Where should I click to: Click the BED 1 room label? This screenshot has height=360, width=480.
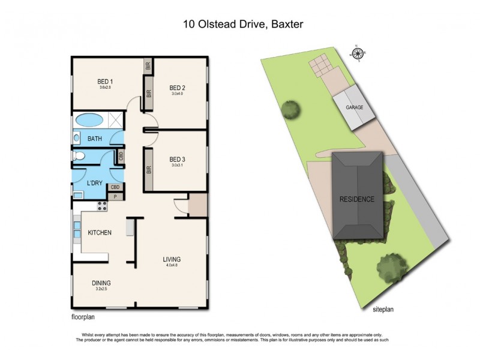[106, 82]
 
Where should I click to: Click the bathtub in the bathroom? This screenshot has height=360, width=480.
[90, 119]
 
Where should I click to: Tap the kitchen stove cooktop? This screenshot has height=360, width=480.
[102, 206]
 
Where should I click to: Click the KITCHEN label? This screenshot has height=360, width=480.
[100, 233]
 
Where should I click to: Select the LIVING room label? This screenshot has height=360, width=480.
[171, 260]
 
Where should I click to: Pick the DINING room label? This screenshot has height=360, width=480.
[101, 283]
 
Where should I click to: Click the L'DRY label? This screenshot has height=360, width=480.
[95, 182]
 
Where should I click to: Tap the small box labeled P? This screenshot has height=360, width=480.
[116, 196]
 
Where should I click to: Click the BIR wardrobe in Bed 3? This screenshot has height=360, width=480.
[148, 169]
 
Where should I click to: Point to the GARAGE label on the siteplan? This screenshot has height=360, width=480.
[354, 108]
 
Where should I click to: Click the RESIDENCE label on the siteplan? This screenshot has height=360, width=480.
[357, 199]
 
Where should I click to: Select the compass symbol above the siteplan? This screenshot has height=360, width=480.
[358, 52]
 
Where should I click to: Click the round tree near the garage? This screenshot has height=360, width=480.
[292, 110]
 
